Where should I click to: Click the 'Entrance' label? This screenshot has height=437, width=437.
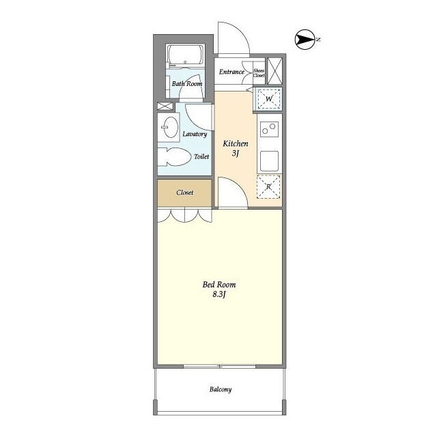231,72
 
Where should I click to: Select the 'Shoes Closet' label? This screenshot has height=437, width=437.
259,73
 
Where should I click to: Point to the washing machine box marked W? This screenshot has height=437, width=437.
269,98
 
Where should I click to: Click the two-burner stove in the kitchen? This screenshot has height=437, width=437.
270,129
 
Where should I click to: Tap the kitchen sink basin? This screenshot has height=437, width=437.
269,161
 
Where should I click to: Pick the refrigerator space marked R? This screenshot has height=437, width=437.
268,186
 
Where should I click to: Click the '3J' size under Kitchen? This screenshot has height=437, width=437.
236,153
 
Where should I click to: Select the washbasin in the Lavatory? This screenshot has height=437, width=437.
170,128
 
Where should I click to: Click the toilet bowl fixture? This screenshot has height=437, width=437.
173,157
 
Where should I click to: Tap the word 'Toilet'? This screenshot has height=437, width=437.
201,156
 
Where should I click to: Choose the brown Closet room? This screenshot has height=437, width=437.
184,193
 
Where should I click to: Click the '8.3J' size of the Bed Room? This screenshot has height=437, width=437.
219,294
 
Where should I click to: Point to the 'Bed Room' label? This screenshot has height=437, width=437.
219,285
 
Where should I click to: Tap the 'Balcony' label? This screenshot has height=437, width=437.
221,389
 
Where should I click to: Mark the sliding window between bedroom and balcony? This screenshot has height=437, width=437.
220,366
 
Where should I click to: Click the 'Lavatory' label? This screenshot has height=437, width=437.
195,134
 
